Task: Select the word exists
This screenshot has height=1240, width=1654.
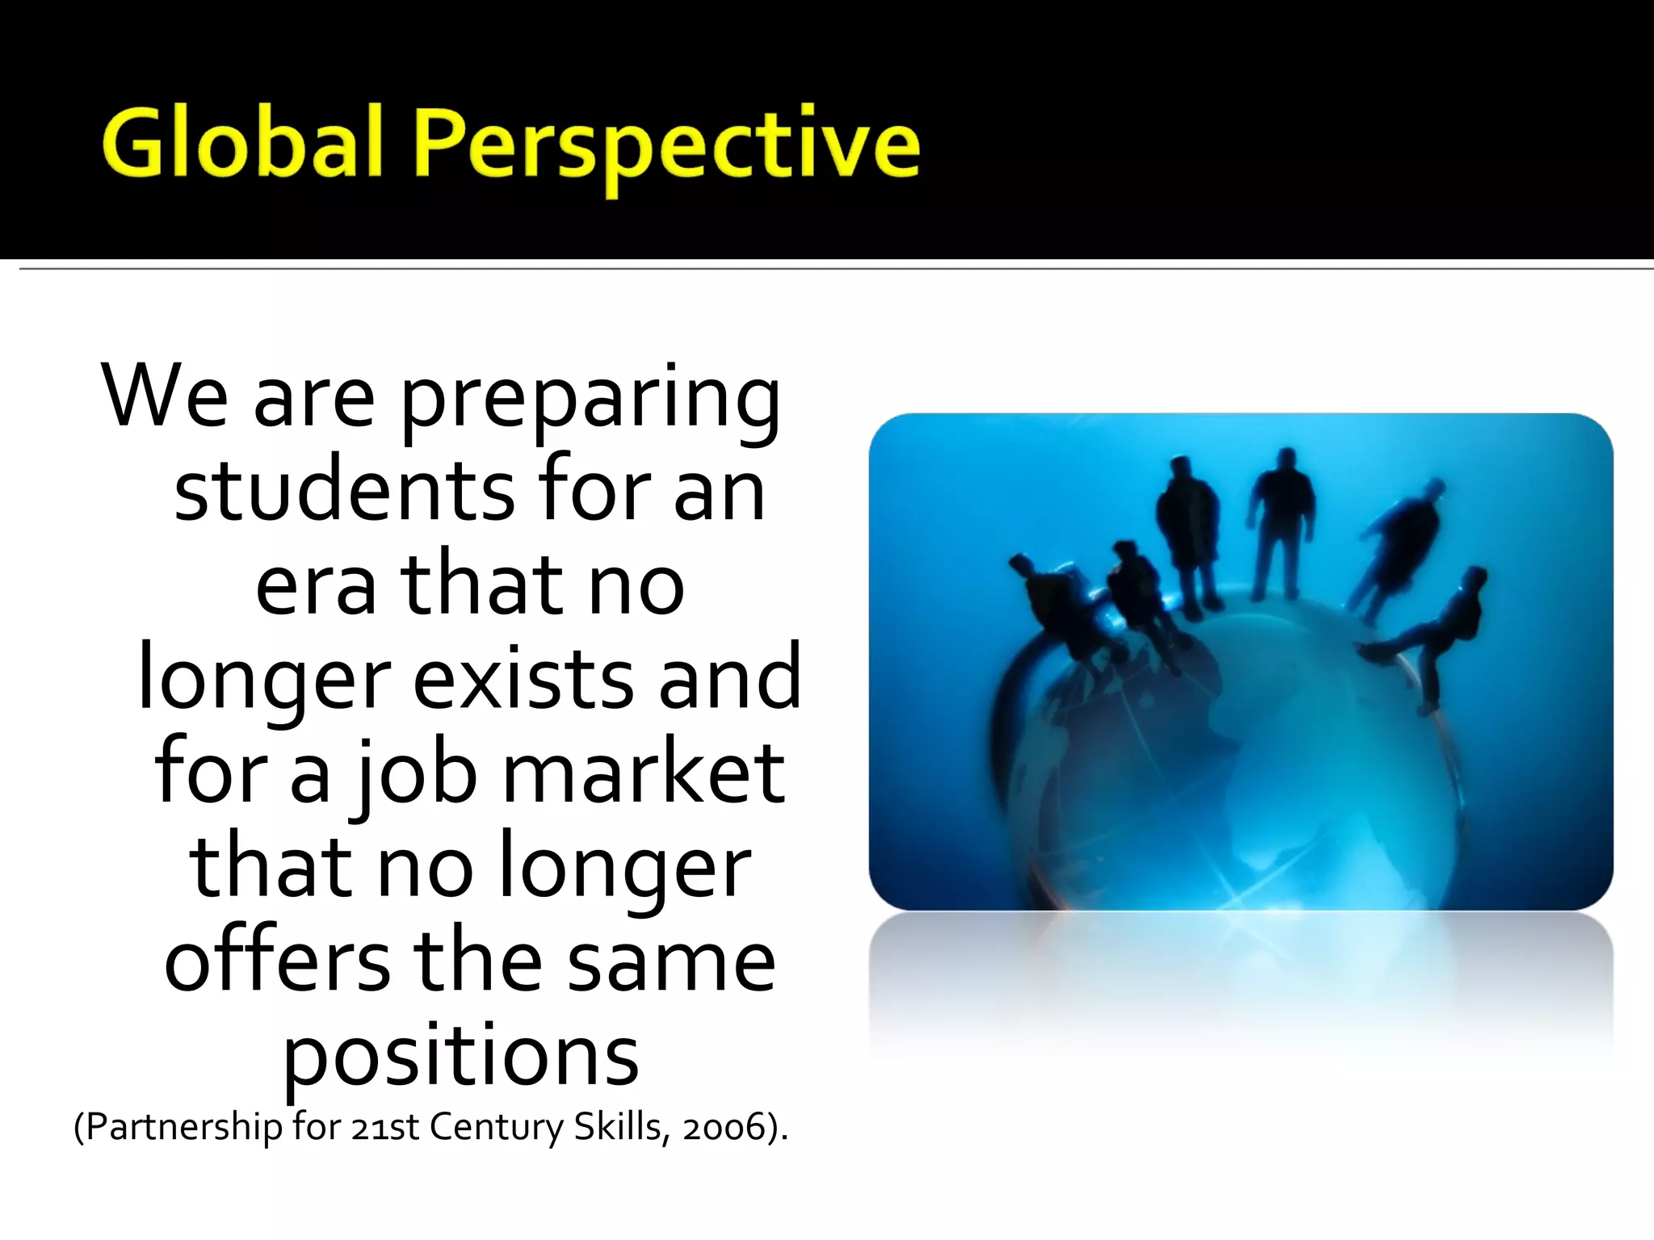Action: [523, 678]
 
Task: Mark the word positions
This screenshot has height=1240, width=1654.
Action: [461, 1057]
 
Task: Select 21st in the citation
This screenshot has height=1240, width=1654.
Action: [385, 1126]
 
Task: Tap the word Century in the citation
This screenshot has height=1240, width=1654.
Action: [496, 1126]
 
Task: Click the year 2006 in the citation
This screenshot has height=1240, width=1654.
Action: [724, 1128]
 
